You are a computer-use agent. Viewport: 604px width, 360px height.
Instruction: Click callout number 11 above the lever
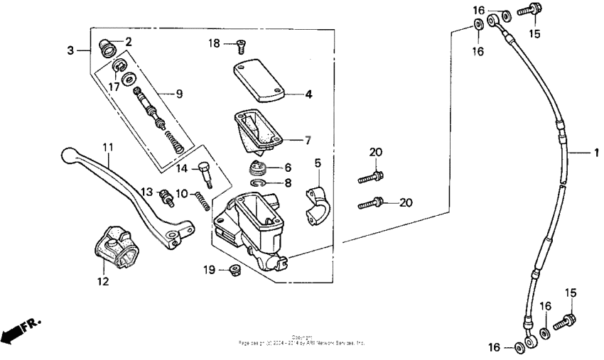click(107, 147)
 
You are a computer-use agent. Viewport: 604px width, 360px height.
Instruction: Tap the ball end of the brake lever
click(68, 154)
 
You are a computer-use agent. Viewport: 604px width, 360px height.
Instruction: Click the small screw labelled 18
click(239, 46)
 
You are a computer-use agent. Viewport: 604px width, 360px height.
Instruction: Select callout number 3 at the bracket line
click(70, 50)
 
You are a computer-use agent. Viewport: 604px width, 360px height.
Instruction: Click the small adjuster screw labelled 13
click(166, 197)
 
